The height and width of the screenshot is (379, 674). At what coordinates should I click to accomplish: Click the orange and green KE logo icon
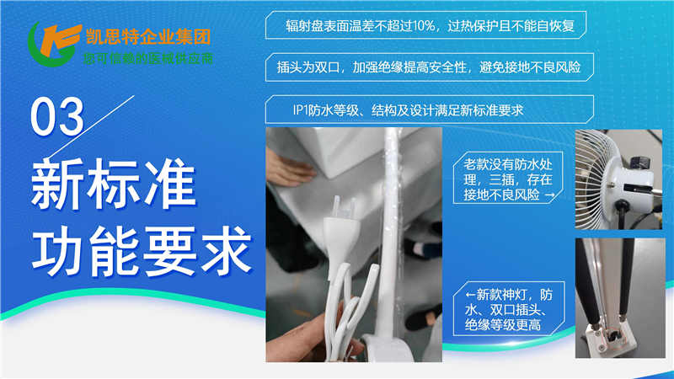(x=54, y=44)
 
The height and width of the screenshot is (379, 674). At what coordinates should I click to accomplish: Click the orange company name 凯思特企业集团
(x=148, y=36)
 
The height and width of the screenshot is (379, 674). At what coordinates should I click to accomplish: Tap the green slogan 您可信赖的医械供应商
(x=148, y=58)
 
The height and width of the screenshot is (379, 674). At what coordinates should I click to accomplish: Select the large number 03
(x=56, y=117)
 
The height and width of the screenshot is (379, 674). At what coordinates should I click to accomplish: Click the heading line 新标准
(x=114, y=184)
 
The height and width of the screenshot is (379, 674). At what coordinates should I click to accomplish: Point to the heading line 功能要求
(x=142, y=251)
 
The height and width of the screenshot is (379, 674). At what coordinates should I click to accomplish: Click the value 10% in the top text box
(x=424, y=26)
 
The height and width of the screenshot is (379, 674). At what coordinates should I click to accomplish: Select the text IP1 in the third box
(x=300, y=110)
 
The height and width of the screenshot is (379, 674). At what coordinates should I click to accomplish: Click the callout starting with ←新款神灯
(x=509, y=309)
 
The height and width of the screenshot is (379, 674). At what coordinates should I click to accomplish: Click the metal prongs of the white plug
(x=344, y=206)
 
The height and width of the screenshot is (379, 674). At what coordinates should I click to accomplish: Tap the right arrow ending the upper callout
(x=549, y=195)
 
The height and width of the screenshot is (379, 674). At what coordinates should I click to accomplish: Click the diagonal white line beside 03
(x=91, y=127)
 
